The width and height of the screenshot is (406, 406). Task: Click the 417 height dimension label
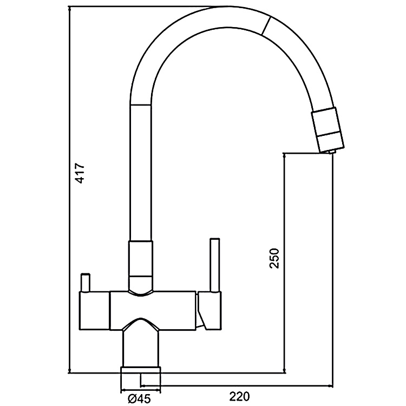tap(80, 173)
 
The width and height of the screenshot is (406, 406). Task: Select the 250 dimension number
tap(275, 259)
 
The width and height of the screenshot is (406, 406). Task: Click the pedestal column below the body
tap(141, 346)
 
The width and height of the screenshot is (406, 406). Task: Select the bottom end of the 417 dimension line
tap(70, 372)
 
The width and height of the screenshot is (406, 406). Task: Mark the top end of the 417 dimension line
tap(70, 8)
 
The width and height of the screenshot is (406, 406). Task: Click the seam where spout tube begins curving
tap(141, 104)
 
